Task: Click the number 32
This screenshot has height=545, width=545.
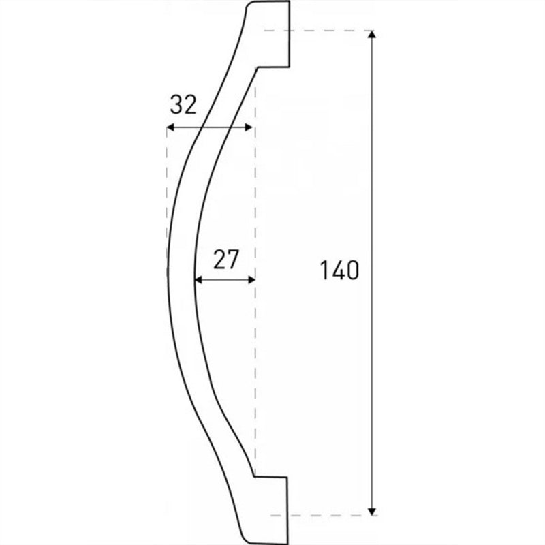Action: pyautogui.click(x=183, y=105)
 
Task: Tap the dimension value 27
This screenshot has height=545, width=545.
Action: pyautogui.click(x=226, y=260)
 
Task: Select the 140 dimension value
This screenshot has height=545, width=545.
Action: pyautogui.click(x=339, y=270)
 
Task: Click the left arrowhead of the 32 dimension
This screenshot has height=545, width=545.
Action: pyautogui.click(x=170, y=127)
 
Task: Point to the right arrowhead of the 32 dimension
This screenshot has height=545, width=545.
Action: pyautogui.click(x=249, y=127)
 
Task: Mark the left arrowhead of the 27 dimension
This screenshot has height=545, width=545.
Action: pyautogui.click(x=198, y=279)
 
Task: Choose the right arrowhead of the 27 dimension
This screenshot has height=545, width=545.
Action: pyautogui.click(x=251, y=279)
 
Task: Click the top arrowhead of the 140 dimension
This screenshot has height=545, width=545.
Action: pyautogui.click(x=372, y=35)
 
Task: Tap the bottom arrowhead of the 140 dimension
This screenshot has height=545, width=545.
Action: pyautogui.click(x=372, y=512)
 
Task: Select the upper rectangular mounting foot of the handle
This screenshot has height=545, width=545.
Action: pyautogui.click(x=273, y=34)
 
